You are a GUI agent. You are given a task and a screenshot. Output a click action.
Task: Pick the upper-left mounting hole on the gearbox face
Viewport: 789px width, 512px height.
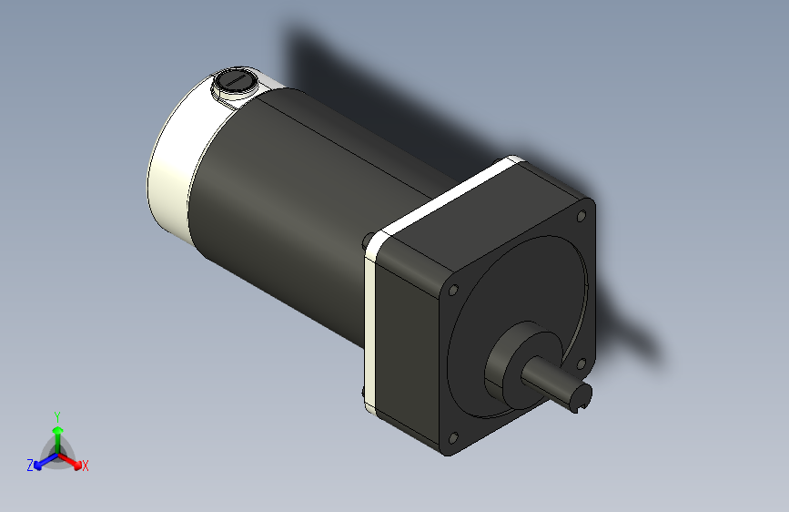pyautogui.click(x=454, y=290)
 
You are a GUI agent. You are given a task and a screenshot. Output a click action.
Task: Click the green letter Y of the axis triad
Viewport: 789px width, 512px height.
pyautogui.click(x=56, y=414)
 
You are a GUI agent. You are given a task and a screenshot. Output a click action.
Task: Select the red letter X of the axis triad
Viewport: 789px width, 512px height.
pyautogui.click(x=86, y=466)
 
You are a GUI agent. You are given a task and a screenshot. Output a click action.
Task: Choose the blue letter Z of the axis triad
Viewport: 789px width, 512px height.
pyautogui.click(x=29, y=465)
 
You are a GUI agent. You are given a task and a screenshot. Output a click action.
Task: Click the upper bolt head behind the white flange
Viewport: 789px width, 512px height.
pyautogui.click(x=367, y=241)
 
